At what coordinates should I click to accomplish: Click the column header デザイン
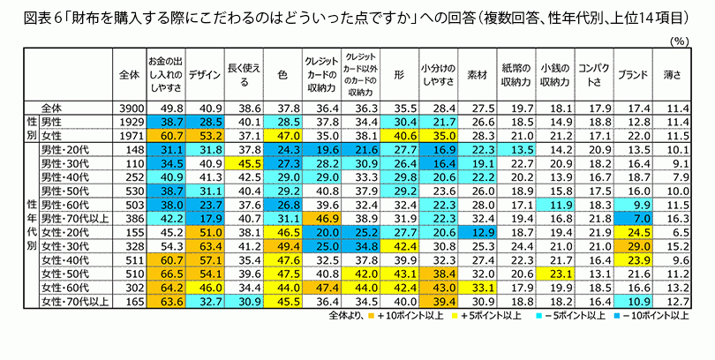[205, 72]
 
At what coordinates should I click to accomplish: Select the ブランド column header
[632, 72]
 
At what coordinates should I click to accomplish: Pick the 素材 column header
[477, 72]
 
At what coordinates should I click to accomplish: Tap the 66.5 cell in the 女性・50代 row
[167, 274]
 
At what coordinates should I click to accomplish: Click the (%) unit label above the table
[679, 41]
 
